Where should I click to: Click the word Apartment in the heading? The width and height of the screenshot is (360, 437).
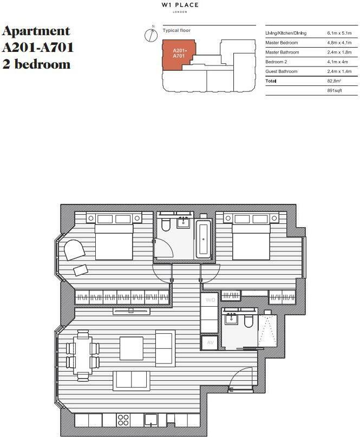(x=36, y=30)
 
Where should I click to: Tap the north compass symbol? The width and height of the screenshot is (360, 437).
(x=152, y=35)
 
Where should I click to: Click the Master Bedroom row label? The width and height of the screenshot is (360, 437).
(x=282, y=43)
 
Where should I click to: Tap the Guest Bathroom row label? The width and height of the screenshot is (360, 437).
(x=281, y=71)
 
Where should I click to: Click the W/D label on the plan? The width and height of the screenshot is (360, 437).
(x=209, y=299)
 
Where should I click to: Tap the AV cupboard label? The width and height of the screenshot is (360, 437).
(x=209, y=342)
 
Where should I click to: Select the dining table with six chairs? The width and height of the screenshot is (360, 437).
(x=83, y=355)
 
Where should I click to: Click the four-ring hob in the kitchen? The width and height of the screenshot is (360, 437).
(x=123, y=420)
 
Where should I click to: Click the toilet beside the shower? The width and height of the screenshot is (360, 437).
(x=248, y=321)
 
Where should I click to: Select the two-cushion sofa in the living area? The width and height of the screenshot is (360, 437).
(x=131, y=380)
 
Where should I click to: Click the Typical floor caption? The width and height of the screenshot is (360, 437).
(x=176, y=31)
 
